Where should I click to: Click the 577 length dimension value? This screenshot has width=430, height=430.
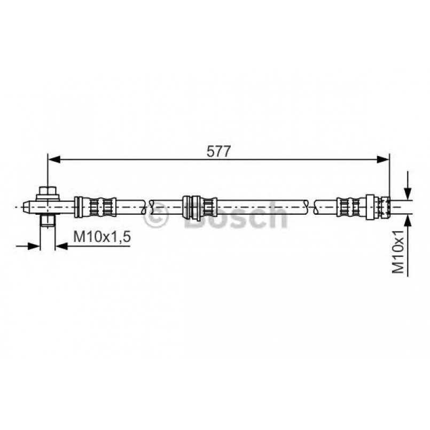point(218,151)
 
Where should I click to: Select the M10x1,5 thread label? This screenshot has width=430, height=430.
point(101,237)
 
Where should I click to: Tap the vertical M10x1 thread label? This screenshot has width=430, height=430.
point(398,252)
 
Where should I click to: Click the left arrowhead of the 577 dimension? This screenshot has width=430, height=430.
point(54,159)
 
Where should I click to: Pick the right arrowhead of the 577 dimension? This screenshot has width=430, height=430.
point(383,159)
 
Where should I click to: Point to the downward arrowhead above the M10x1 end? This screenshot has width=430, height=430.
point(408,193)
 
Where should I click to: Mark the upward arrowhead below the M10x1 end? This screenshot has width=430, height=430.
point(408,221)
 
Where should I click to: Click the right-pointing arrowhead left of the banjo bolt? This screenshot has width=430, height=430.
point(34,246)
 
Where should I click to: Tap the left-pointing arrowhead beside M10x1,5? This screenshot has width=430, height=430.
point(62,246)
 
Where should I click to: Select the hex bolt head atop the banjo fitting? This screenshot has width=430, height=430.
point(48,191)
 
